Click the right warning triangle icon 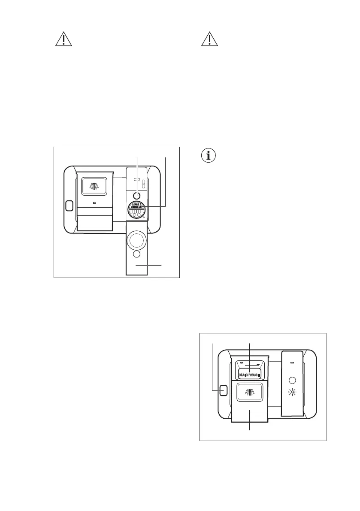point(210,39)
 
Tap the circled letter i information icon point(209,155)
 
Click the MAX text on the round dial point(137,204)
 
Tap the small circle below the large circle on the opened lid point(137,254)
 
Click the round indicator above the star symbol point(293,380)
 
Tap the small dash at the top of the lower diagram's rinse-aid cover point(293,363)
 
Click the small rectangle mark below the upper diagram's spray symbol point(94,204)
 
